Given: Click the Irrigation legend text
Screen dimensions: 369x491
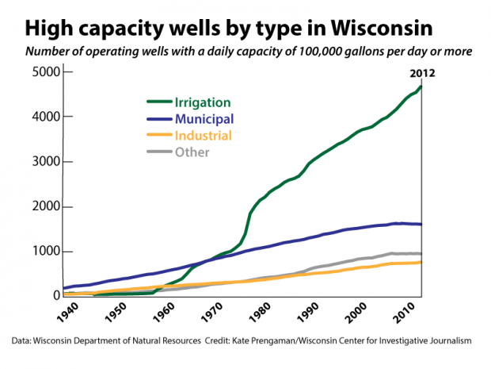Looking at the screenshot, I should (x=202, y=102).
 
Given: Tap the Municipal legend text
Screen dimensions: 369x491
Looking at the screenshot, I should (x=204, y=119).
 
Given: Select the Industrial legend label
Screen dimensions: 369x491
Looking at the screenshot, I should (x=203, y=136).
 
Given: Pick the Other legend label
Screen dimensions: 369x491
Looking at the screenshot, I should (x=193, y=152).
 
